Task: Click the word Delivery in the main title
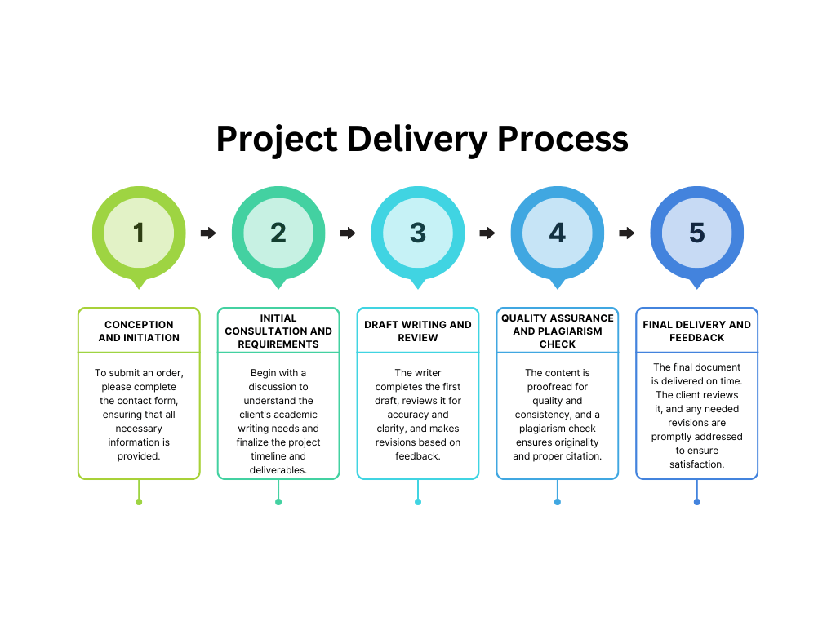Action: point(417,139)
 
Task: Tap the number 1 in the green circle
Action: point(139,233)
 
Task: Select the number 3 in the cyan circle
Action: point(418,233)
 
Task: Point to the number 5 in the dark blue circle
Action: point(697,233)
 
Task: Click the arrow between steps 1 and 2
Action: point(208,233)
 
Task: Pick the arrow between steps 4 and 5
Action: point(627,233)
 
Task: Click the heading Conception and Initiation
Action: point(139,331)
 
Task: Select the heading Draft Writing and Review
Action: point(418,331)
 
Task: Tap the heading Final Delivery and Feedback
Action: point(697,331)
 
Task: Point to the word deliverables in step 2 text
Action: point(278,470)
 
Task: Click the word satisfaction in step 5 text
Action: point(697,464)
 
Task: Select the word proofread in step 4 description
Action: point(558,386)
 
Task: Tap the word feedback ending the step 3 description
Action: point(418,456)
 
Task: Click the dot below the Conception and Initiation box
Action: point(139,502)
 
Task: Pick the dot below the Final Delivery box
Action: point(697,502)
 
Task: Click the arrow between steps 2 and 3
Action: point(348,233)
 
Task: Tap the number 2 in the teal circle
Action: point(278,233)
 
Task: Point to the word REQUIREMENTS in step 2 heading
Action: point(278,344)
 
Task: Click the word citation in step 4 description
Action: point(584,456)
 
